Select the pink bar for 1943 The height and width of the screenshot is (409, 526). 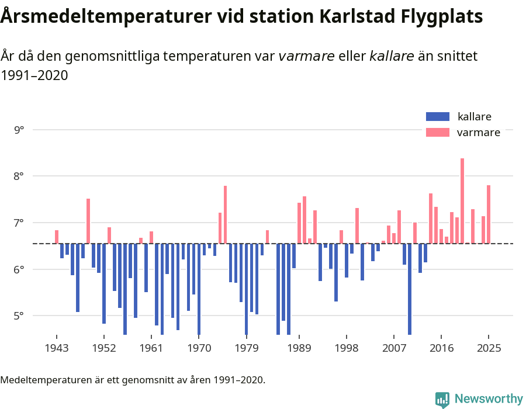pos(57,237)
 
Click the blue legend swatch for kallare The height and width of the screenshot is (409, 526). pos(438,116)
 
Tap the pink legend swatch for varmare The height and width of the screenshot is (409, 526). pos(438,132)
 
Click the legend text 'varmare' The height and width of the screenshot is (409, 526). pos(478,132)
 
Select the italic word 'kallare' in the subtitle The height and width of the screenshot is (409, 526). pos(392,56)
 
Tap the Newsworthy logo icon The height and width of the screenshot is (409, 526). pos(442,399)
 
